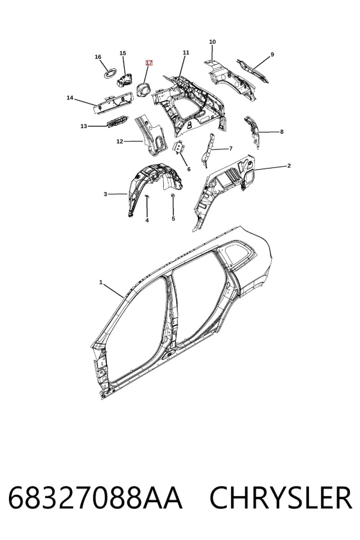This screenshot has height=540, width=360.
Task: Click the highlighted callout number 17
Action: (149, 62)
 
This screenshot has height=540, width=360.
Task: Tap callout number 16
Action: (98, 57)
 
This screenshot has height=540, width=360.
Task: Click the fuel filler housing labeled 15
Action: (125, 80)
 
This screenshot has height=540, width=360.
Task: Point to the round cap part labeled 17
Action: (143, 89)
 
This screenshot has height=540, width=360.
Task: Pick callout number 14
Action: (70, 98)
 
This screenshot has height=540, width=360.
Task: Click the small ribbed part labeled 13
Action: (117, 122)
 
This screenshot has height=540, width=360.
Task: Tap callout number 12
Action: (120, 141)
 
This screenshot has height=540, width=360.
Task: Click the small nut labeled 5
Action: (173, 196)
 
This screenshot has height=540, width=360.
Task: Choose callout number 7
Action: (230, 148)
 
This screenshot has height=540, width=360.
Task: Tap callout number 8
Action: (281, 131)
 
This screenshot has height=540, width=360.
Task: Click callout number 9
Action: (272, 55)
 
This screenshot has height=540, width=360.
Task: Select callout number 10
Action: (212, 41)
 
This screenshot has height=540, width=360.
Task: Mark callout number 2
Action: (289, 166)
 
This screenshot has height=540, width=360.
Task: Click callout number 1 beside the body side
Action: (101, 282)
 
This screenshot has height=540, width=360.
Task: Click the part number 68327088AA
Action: (95, 497)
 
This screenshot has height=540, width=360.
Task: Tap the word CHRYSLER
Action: (281, 497)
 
